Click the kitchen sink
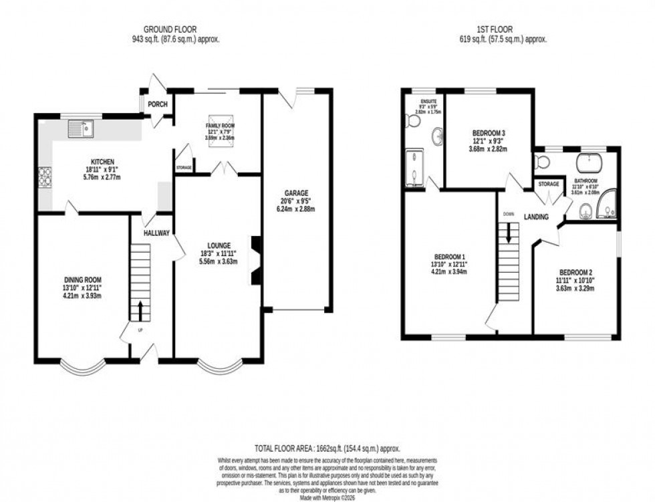[83, 128]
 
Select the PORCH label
[157, 104]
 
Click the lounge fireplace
[254, 261]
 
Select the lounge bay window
[219, 367]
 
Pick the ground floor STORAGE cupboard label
[184, 167]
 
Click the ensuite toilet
[412, 121]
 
